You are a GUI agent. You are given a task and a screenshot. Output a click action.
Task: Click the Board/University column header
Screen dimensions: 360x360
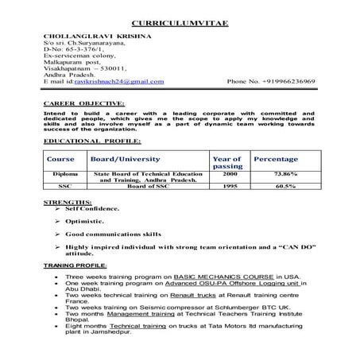126,159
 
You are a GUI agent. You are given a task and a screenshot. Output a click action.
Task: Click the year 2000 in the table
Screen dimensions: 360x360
230,173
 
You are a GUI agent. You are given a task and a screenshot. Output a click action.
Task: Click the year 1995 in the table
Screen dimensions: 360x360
229,187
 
